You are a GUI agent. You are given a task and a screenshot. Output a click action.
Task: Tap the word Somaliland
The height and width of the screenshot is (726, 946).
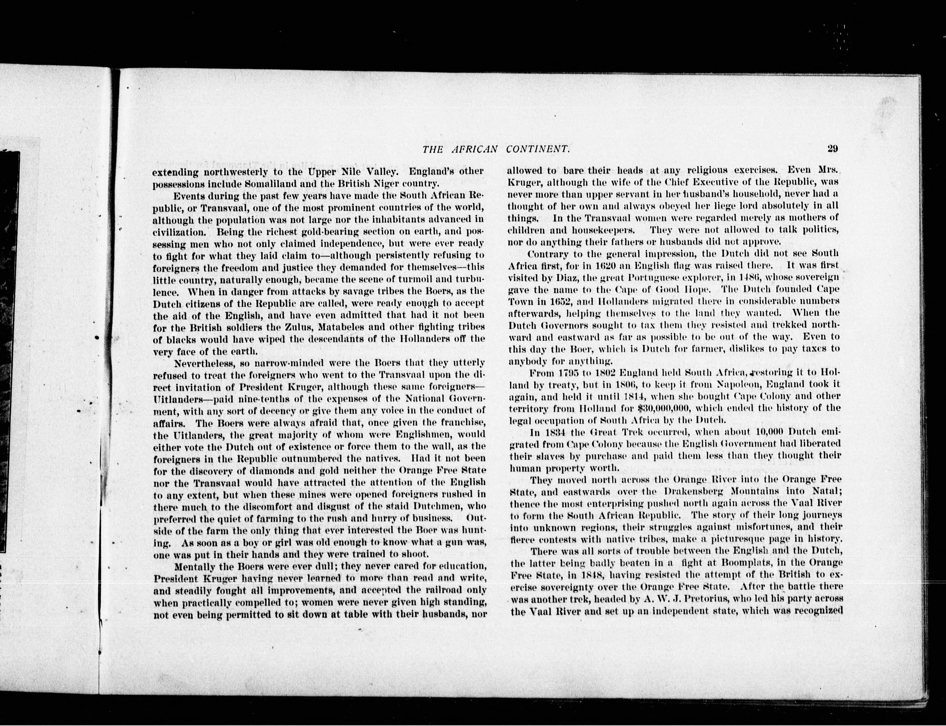point(247,183)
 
